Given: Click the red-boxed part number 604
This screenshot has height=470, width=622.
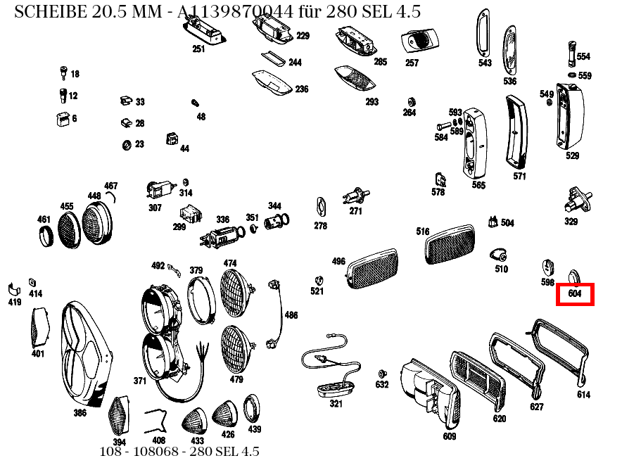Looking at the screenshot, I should tap(575, 294).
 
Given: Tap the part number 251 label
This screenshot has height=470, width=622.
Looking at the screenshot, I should tap(198, 49).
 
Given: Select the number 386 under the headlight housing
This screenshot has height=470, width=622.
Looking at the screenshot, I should tap(80, 413).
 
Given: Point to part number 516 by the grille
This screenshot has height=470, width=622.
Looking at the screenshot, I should tap(422, 231).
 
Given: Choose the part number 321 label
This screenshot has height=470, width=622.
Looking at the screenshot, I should tap(336, 403).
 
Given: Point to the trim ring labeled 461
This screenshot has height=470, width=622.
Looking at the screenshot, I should tap(45, 235).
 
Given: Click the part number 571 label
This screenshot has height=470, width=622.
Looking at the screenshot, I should tap(519, 177).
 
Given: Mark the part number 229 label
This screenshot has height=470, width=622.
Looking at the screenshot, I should tap(303, 36).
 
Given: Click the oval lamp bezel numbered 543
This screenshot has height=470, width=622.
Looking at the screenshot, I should tap(483, 33).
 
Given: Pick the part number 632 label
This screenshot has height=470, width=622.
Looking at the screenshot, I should tap(381, 385).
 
